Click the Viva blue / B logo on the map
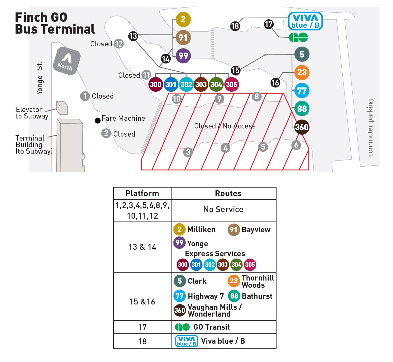305,21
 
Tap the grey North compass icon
67,61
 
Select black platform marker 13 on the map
133,36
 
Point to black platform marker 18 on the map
235,26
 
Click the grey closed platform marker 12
119,44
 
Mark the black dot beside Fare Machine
98,121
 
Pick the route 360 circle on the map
302,127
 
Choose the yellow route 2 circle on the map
183,20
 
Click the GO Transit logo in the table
182,327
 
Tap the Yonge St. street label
39,78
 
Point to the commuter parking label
370,128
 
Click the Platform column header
142,193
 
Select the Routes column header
228,193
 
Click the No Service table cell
223,209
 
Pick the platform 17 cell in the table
142,327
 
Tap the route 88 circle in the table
234,296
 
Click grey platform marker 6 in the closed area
296,145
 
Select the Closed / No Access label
225,126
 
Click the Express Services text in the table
215,254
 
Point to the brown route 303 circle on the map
201,84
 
